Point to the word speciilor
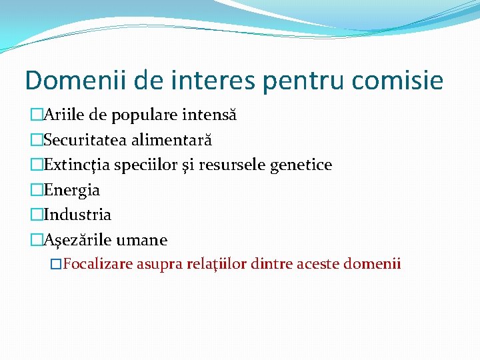coord(145,165)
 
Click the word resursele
coord(233,165)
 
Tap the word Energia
coord(71,190)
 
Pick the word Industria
coord(77,215)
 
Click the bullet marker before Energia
coord(37,190)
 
